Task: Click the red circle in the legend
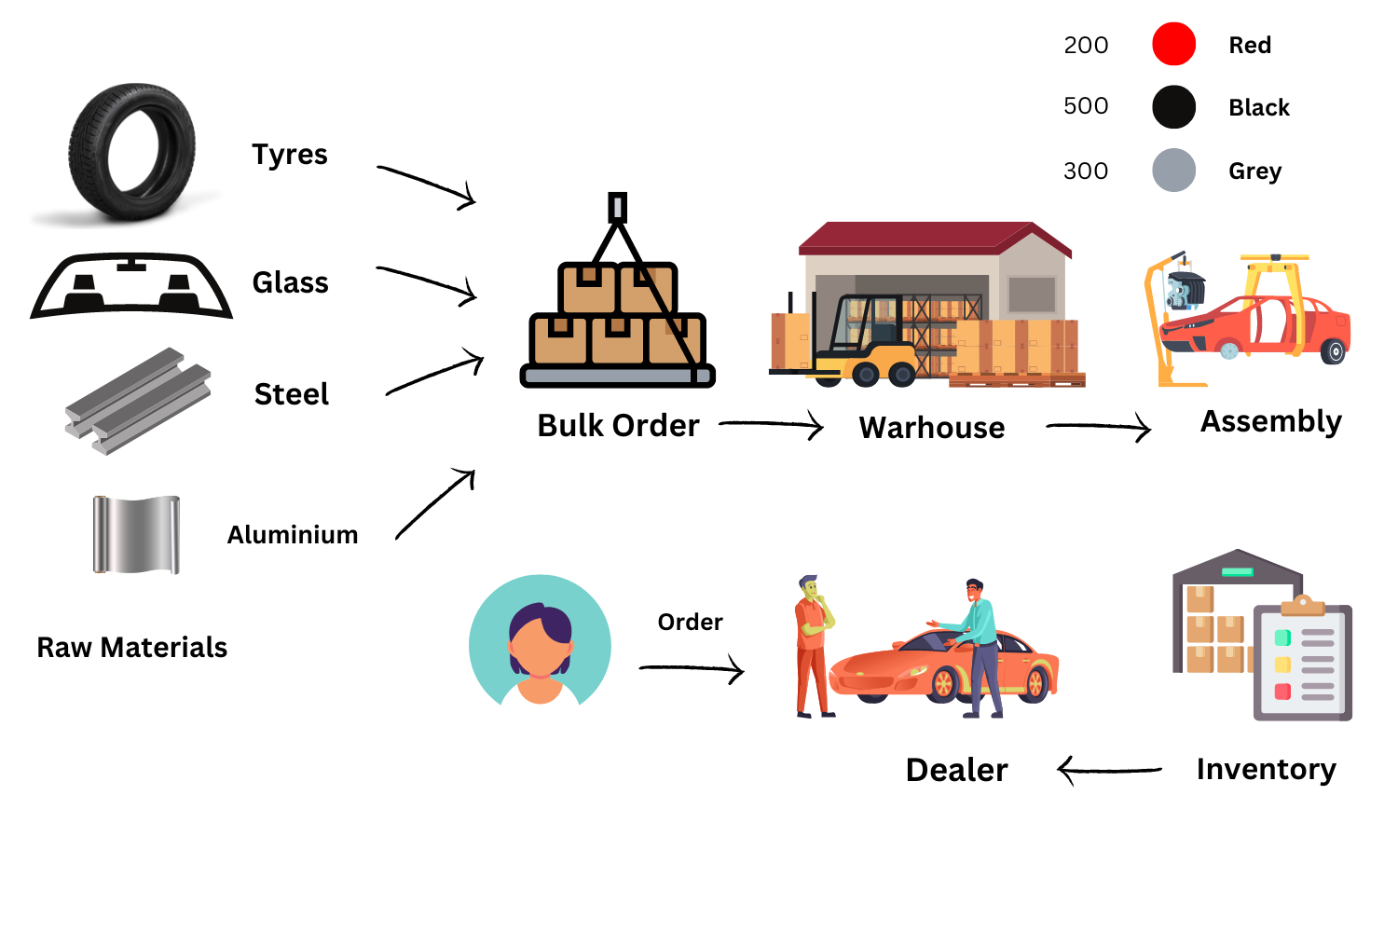[1173, 44]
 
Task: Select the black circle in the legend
[1173, 107]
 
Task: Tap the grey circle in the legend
[1173, 171]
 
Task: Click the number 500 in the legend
[1086, 106]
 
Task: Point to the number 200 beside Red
[1086, 45]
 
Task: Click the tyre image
[131, 152]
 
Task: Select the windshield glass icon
[131, 285]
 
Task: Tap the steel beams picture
[138, 401]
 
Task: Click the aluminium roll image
[136, 535]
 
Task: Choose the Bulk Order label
[618, 426]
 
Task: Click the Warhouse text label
[932, 428]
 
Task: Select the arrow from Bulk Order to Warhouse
[771, 425]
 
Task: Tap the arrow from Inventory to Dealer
[1109, 771]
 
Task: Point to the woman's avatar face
[540, 643]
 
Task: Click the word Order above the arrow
[690, 622]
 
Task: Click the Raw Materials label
[131, 648]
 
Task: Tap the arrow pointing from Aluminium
[435, 504]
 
